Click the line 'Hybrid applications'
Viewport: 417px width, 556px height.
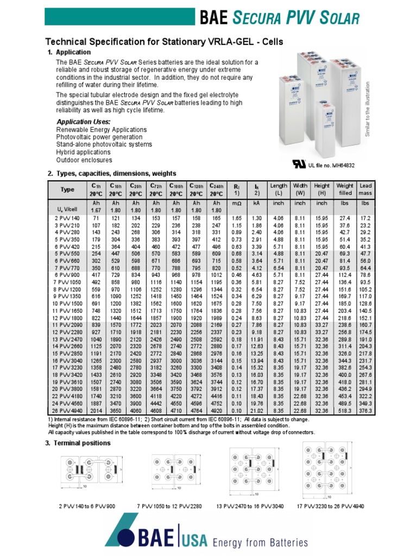coord(83,153)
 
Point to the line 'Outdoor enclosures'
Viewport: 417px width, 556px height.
coord(84,160)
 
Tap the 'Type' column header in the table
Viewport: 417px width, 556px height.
coord(67,190)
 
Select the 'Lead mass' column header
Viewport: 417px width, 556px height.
coord(365,189)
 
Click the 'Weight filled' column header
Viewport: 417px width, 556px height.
coord(345,189)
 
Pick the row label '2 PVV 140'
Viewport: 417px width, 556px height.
coord(67,218)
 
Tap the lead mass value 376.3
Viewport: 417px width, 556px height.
coord(365,412)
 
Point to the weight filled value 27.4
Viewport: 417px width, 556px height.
coord(345,218)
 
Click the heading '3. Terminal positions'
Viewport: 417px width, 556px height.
coord(79,443)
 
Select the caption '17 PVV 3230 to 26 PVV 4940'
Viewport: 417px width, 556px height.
coord(330,506)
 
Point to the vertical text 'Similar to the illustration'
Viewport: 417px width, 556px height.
coord(367,109)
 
